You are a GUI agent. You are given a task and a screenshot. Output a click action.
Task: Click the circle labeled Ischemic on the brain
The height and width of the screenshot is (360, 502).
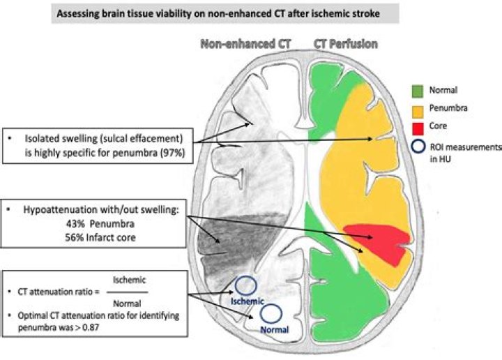[245, 286]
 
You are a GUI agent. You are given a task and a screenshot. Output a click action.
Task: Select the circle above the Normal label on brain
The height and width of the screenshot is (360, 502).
[271, 313]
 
